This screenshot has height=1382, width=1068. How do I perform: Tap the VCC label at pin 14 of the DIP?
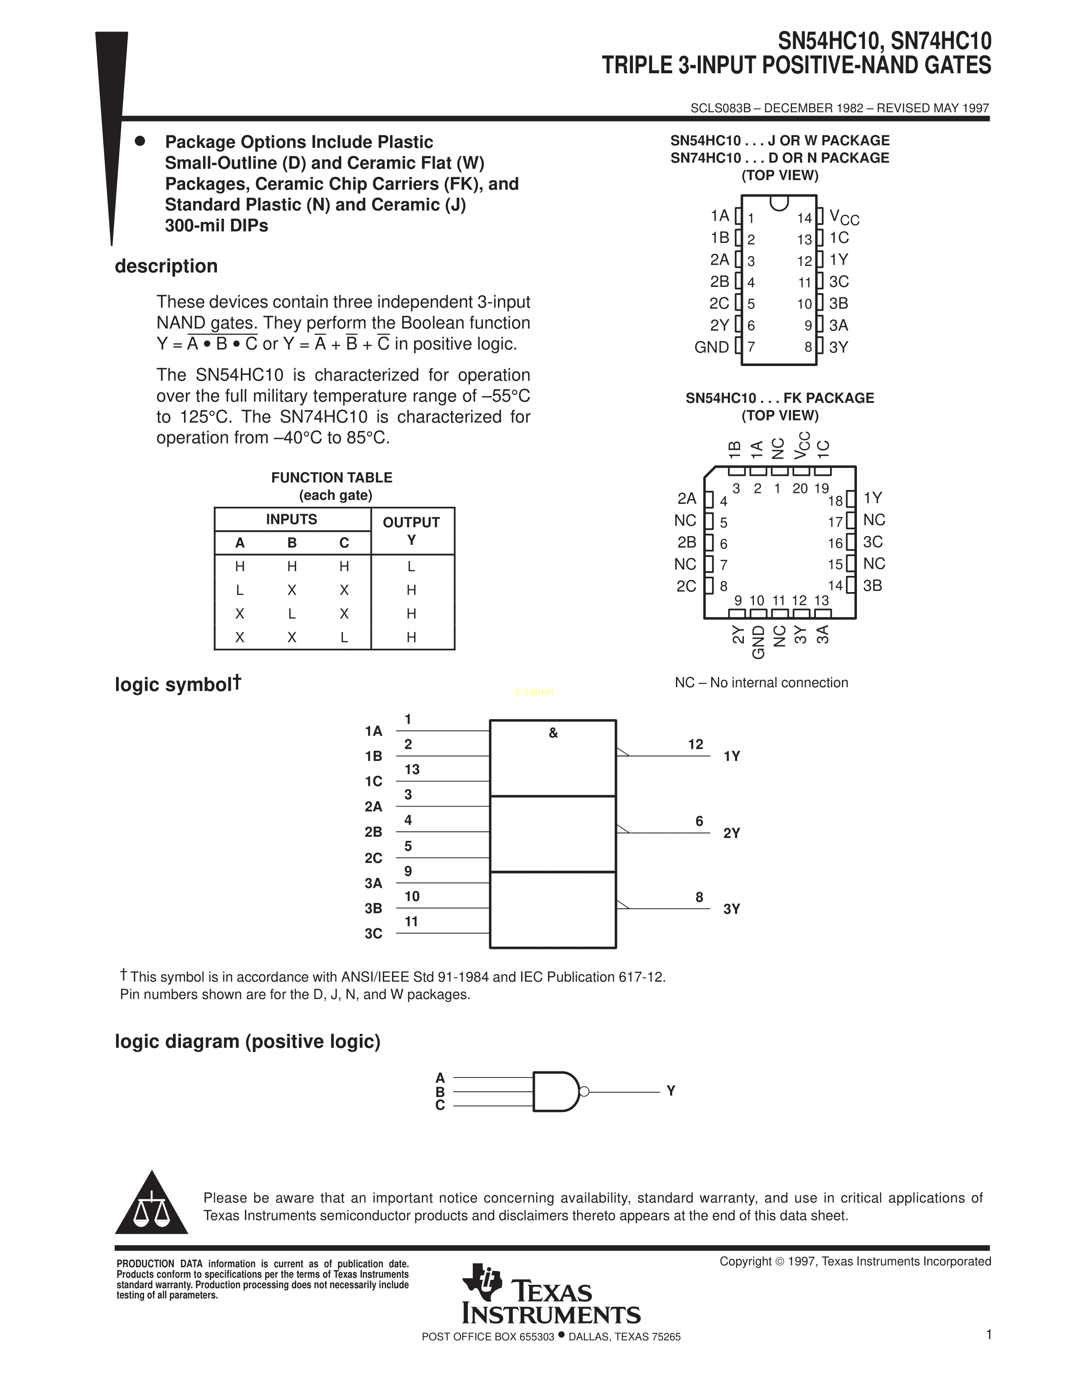(844, 218)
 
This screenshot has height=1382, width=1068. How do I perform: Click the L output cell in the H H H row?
(411, 566)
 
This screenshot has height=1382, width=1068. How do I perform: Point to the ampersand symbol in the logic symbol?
(553, 733)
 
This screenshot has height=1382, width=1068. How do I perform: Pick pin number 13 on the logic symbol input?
(412, 769)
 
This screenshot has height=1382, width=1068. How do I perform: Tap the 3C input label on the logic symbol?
(373, 933)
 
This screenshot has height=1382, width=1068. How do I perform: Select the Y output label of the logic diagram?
(671, 1091)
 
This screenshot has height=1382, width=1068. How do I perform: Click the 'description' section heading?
(166, 266)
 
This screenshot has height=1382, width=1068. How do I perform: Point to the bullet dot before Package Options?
(140, 141)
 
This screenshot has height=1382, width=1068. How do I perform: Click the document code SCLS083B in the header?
(720, 108)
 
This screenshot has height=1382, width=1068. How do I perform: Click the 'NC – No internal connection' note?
(761, 683)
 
